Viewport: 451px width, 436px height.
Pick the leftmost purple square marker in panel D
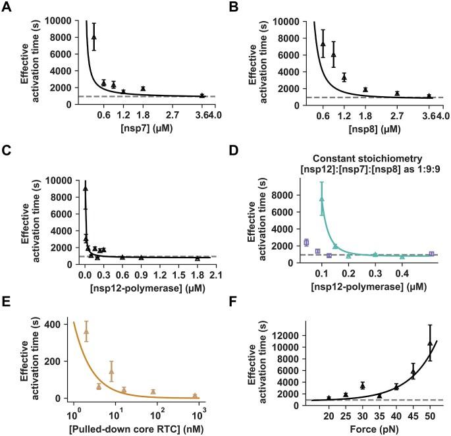coord(306,242)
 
